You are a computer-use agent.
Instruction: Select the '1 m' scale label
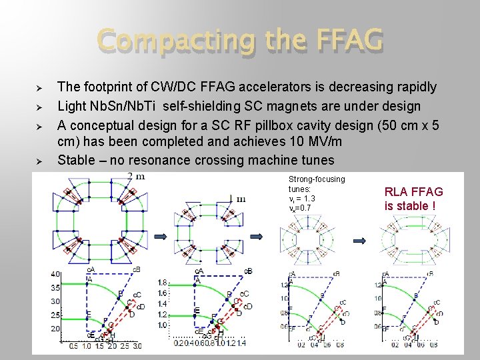click(237, 198)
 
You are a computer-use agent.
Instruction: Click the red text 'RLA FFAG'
click(413, 192)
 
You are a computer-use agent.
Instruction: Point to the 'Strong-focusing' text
click(317, 179)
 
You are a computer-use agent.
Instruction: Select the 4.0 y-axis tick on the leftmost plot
click(55, 275)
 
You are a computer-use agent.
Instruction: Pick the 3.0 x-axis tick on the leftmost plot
click(137, 346)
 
